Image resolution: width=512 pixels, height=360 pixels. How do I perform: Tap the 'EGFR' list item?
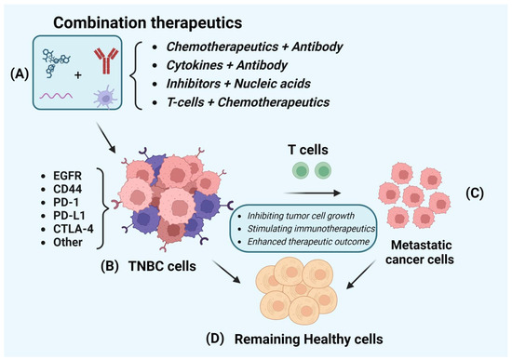[x=48, y=148]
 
